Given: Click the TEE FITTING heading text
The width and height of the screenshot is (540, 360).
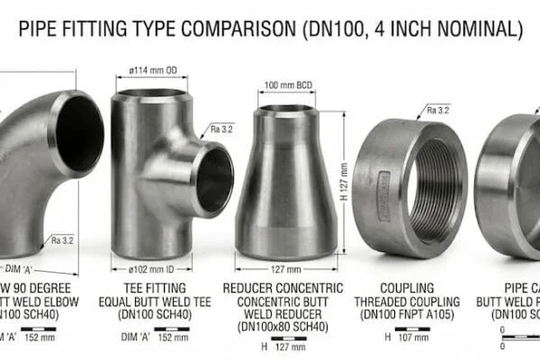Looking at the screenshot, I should point(148,288).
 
